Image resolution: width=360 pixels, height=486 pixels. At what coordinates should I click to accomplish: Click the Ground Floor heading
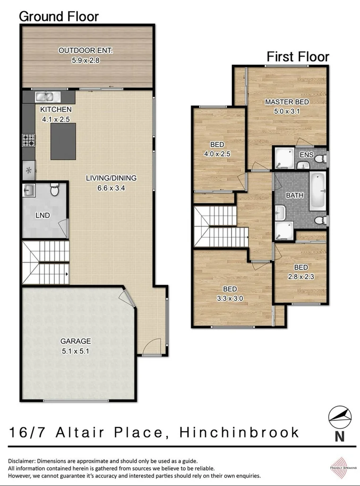pos(59,16)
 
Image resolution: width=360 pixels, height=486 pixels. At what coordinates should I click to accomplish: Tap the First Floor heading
pos(298,57)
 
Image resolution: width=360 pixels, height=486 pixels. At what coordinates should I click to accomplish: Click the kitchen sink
pos(46,97)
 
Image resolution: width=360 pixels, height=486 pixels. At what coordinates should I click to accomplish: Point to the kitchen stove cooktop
pos(28,140)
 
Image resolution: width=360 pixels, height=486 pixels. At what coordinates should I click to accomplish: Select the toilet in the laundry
pos(54,191)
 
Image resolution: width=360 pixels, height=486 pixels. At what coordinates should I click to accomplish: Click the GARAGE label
pos(75,341)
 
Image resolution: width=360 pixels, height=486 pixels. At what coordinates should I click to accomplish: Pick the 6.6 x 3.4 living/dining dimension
pos(111,187)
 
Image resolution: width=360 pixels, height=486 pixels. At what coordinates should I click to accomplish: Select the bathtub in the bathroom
pos(317,191)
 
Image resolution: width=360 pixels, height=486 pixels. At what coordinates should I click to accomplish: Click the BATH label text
pos(294,195)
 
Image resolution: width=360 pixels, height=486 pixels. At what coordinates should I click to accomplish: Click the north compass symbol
pos(340,417)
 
